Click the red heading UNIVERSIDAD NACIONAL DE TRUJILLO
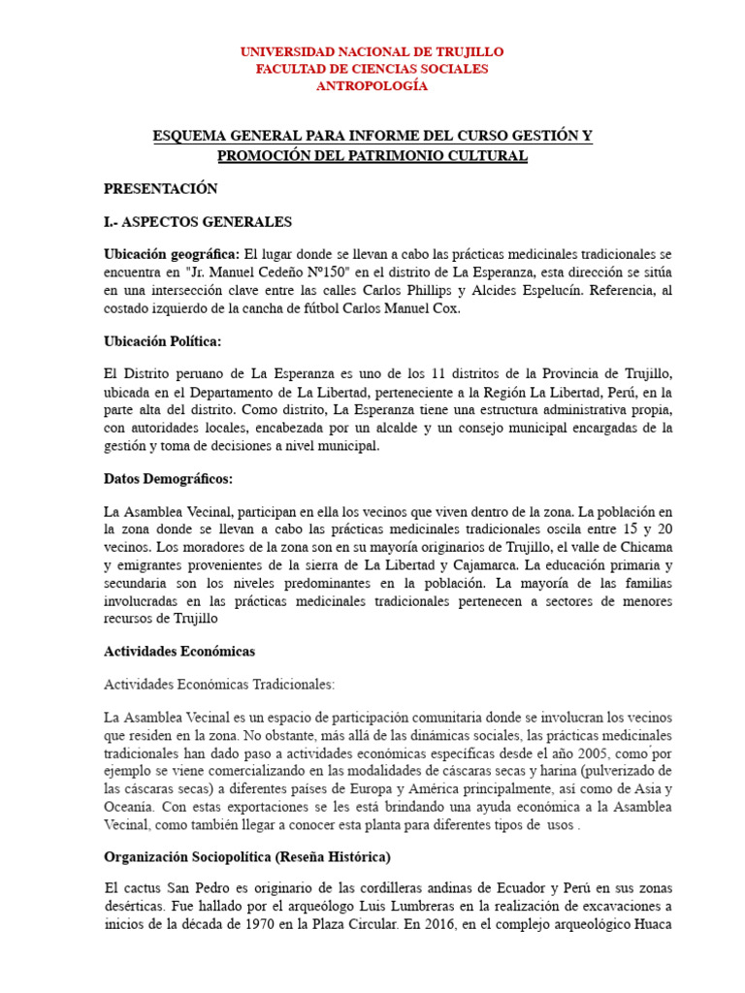tap(372, 51)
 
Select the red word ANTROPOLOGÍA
tap(372, 86)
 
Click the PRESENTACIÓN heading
tap(160, 189)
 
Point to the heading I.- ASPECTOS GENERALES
tap(198, 222)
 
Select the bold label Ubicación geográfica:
tap(171, 254)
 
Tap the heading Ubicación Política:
tap(162, 341)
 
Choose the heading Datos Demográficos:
tap(168, 479)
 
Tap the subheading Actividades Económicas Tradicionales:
tap(218, 684)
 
